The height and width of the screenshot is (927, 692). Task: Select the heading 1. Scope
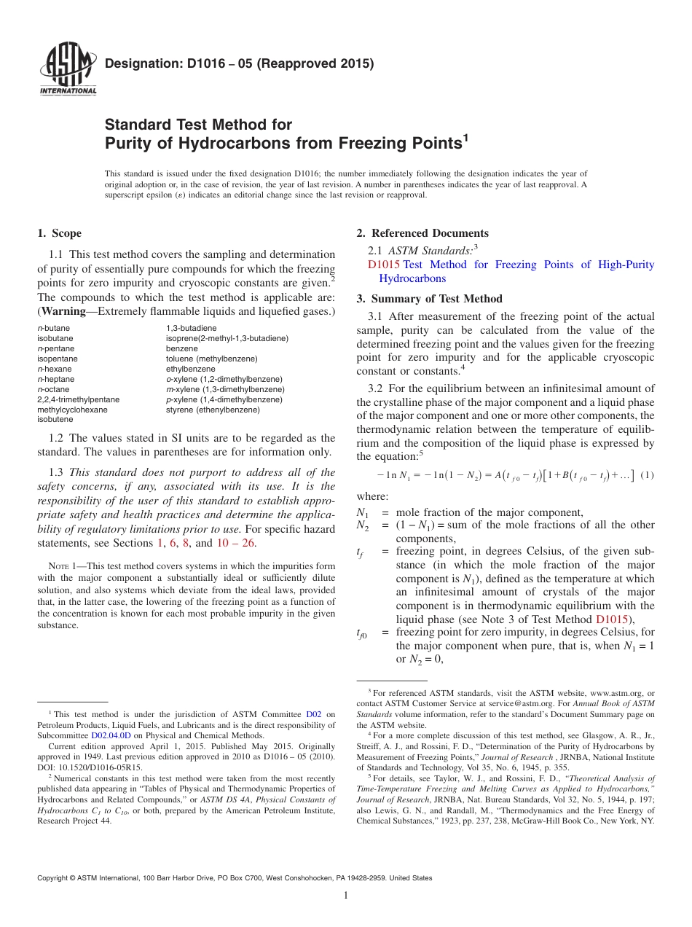pos(60,233)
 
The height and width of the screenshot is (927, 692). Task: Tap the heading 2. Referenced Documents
pos(422,233)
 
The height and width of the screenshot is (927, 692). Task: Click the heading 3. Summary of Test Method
pos(429,299)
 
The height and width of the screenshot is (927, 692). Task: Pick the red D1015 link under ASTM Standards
pos(384,265)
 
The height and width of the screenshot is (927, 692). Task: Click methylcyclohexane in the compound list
pos(72,410)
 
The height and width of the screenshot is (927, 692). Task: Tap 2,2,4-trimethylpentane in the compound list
pos(78,399)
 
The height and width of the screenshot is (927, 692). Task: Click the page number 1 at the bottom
pos(347,896)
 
